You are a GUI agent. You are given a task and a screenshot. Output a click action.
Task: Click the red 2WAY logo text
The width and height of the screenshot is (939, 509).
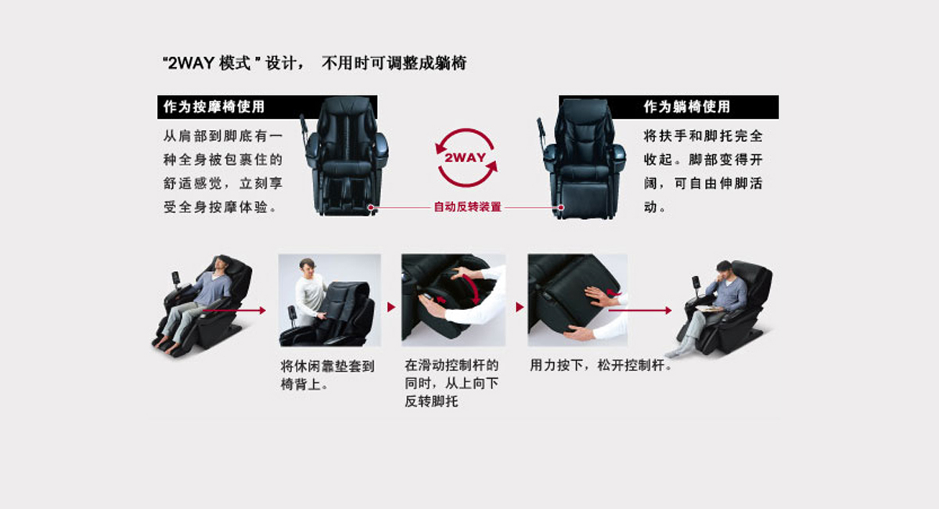pyautogui.click(x=465, y=157)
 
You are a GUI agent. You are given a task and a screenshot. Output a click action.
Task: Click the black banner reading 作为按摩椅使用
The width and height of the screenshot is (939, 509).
pyautogui.click(x=267, y=107)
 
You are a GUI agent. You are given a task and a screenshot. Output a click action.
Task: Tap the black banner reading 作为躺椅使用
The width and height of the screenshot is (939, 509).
pyautogui.click(x=668, y=107)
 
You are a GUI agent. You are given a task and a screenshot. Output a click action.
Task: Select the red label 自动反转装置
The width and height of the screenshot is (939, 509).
pyautogui.click(x=467, y=207)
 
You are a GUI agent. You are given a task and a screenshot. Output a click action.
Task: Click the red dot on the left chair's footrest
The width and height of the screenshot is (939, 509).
pyautogui.click(x=371, y=208)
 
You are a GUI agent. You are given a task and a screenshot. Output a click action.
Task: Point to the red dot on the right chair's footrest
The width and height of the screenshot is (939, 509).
pyautogui.click(x=561, y=208)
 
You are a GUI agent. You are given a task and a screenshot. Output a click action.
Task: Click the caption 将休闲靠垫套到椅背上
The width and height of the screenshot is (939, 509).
pyautogui.click(x=327, y=375)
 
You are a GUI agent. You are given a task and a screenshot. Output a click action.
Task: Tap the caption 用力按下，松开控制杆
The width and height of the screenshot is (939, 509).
pyautogui.click(x=601, y=365)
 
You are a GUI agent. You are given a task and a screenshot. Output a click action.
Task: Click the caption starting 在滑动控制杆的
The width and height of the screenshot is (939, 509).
pyautogui.click(x=452, y=383)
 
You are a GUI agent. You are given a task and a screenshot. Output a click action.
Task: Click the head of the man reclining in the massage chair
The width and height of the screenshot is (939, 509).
pyautogui.click(x=221, y=264)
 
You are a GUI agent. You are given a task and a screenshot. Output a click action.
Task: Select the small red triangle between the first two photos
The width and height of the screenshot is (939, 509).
pyautogui.click(x=391, y=307)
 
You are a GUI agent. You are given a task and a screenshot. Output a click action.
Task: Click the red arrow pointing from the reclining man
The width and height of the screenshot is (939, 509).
pyautogui.click(x=234, y=311)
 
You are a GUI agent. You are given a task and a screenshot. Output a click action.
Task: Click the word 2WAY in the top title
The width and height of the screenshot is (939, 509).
pyautogui.click(x=191, y=63)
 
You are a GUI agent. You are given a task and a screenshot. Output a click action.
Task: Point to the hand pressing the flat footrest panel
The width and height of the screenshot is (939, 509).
pyautogui.click(x=601, y=296)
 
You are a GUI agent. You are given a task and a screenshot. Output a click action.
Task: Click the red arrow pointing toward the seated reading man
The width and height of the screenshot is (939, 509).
pyautogui.click(x=640, y=311)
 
